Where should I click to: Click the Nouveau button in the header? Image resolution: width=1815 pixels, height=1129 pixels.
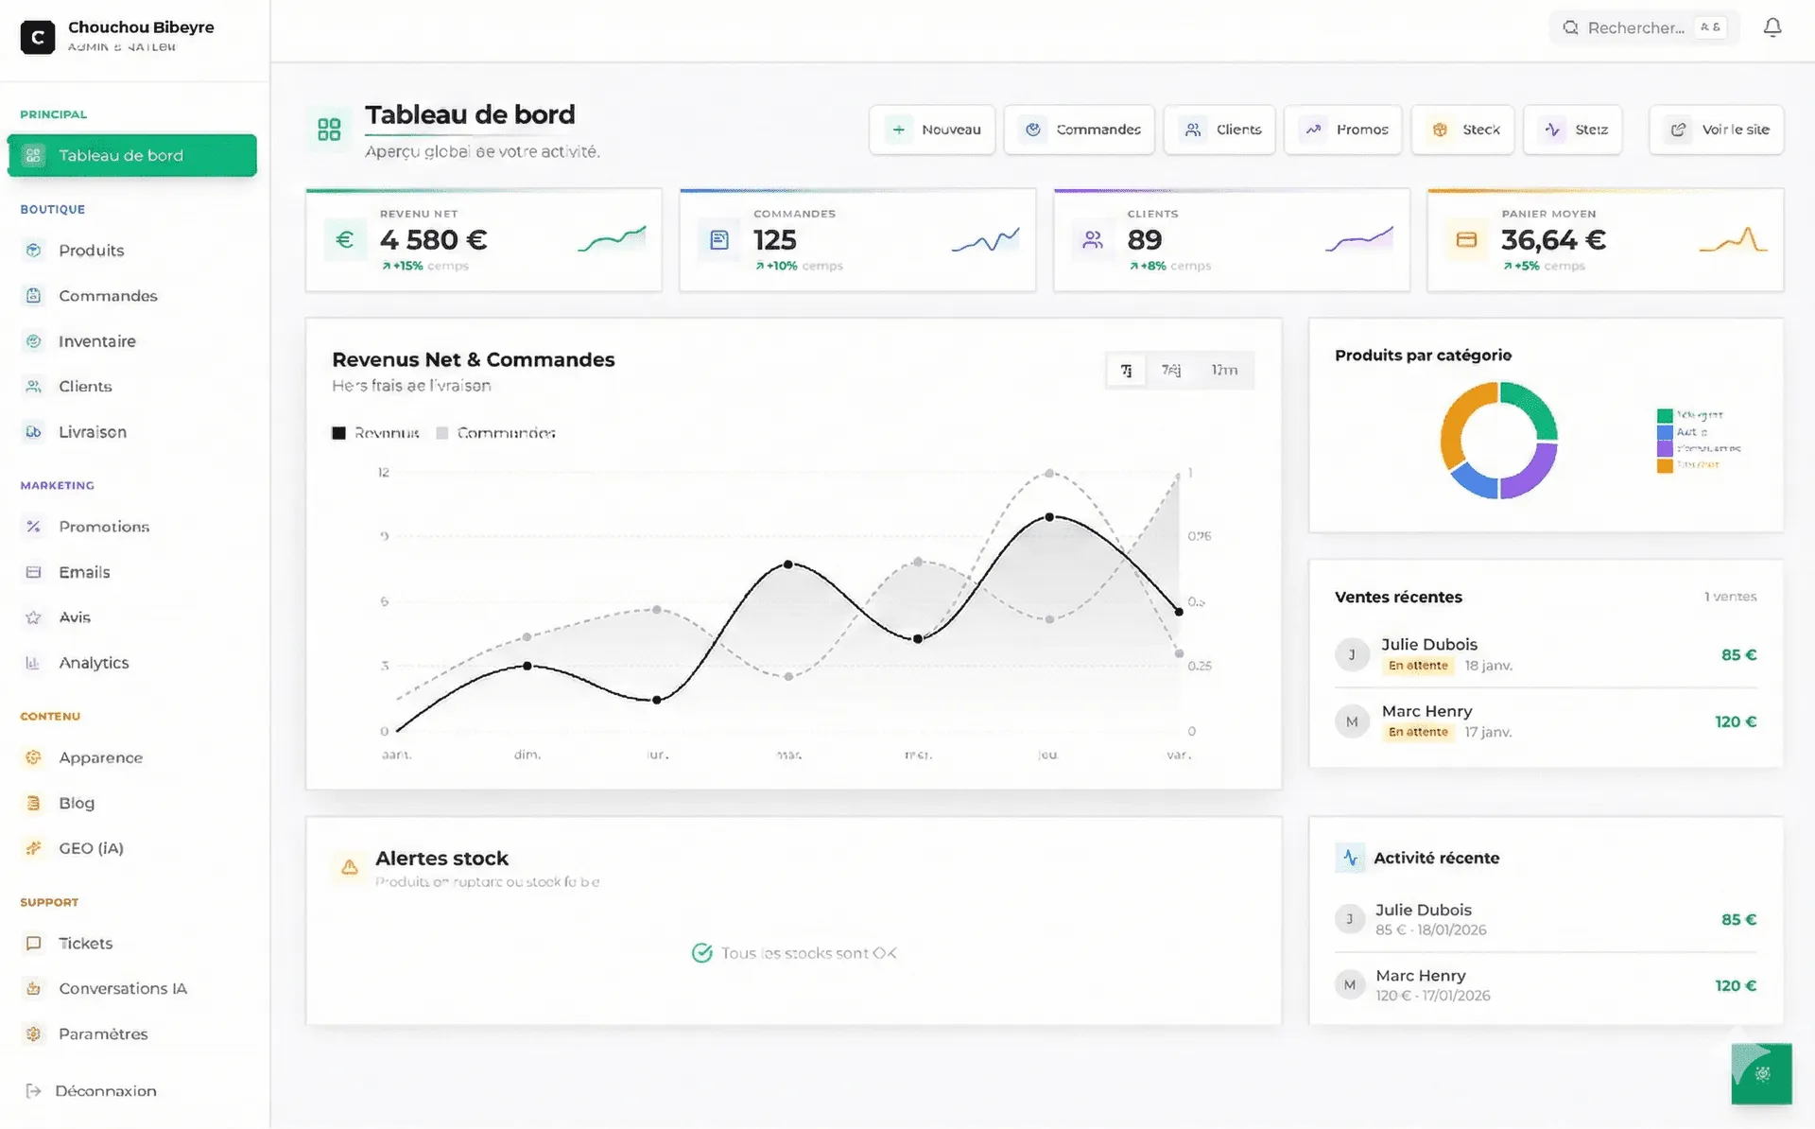point(932,130)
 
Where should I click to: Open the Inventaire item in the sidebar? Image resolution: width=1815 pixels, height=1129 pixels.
point(96,341)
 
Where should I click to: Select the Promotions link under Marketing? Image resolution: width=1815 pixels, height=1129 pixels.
point(103,527)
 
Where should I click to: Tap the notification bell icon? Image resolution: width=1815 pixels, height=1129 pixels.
point(1772,28)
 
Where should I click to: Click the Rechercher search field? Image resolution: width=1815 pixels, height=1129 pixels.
point(1635,28)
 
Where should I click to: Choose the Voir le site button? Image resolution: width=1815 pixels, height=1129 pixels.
point(1717,130)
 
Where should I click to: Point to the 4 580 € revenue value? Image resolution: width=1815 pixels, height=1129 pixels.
point(433,240)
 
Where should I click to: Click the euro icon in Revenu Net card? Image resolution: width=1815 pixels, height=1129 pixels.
point(344,240)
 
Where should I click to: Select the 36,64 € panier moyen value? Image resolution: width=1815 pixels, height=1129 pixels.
point(1553,240)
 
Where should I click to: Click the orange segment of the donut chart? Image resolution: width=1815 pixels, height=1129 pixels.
point(1454,426)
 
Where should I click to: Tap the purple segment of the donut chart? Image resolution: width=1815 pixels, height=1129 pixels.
point(1533,473)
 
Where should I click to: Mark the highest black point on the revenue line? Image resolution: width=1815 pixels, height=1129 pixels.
point(1049,517)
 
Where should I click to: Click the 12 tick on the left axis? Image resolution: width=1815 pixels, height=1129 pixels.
point(384,473)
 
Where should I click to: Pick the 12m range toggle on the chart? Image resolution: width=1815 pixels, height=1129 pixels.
point(1224,371)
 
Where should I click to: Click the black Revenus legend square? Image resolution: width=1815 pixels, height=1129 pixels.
point(338,433)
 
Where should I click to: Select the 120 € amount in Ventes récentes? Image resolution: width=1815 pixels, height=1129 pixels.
point(1736,722)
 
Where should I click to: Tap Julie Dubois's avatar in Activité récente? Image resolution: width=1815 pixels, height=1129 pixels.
point(1350,919)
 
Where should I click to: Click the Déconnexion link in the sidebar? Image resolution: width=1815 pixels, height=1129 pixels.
point(105,1091)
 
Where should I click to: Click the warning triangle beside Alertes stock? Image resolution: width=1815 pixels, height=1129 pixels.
point(350,867)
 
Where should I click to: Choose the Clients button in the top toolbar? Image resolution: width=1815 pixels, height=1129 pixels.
point(1219,130)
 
